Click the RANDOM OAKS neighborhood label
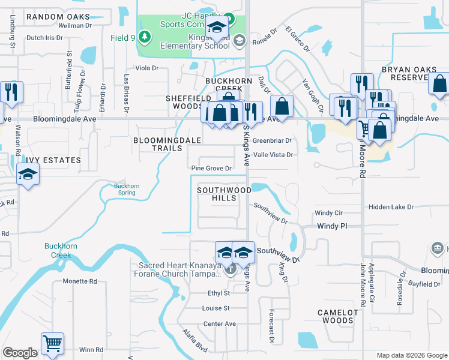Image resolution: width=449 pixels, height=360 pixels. [x=58, y=17]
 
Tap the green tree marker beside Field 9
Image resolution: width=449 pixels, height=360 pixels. [x=144, y=37]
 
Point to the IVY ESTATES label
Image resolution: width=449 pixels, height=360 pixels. [x=53, y=160]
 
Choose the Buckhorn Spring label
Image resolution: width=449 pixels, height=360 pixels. [x=127, y=190]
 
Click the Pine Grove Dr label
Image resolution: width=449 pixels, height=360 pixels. [x=211, y=169]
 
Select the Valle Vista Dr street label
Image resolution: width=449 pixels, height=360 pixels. [x=273, y=155]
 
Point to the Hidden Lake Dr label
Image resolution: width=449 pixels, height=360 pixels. [x=391, y=207]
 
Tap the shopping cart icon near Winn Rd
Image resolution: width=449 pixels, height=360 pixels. [x=52, y=345]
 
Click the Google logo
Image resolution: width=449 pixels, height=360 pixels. [x=20, y=353]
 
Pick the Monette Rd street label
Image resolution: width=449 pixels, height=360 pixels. [x=80, y=281]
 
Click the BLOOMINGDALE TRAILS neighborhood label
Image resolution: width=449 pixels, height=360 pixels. [x=166, y=144]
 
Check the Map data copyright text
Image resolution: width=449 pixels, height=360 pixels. [x=411, y=355]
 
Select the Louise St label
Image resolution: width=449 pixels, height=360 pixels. [x=216, y=308]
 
